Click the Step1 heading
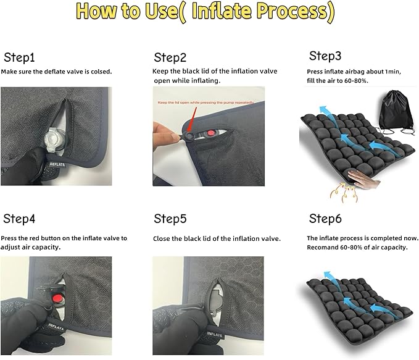[20, 58]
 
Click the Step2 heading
[170, 58]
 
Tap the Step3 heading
[325, 56]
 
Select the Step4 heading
[20, 219]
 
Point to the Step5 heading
[170, 219]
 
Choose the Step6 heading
[325, 219]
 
